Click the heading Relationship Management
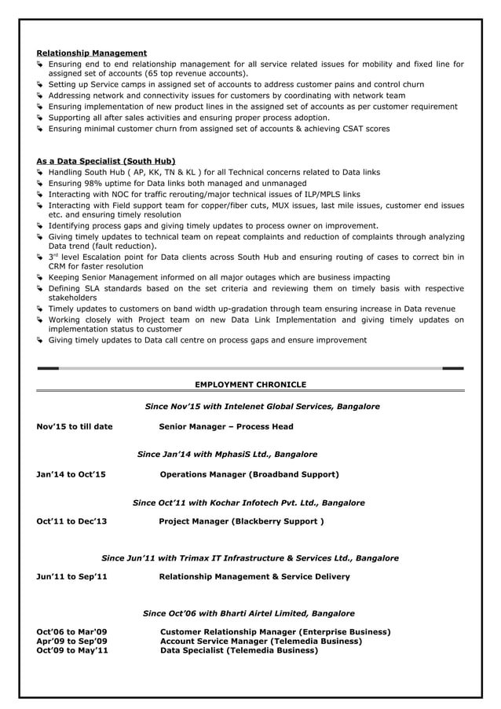click(92, 53)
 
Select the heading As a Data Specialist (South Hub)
click(106, 161)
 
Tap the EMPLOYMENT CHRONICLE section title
click(251, 384)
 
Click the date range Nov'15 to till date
click(75, 427)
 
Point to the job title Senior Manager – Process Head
click(226, 427)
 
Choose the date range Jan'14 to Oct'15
click(71, 475)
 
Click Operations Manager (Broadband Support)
click(249, 475)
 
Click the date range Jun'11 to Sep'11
click(72, 577)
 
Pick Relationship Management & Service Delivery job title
click(254, 577)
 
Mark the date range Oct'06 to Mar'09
click(73, 632)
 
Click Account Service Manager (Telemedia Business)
click(261, 641)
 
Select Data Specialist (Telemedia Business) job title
click(239, 651)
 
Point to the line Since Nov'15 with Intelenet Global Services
click(262, 407)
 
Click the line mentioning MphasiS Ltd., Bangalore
click(227, 455)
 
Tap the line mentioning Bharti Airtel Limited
click(249, 613)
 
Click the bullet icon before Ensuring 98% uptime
click(41, 183)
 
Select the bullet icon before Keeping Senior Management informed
click(41, 278)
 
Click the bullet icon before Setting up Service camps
click(41, 85)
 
